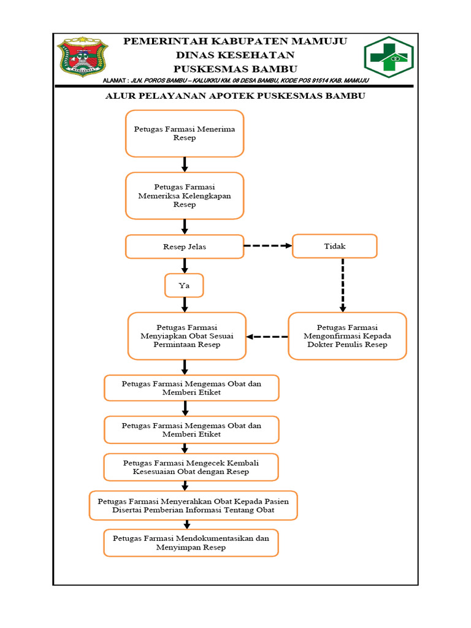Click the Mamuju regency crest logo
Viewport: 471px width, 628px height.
click(x=83, y=56)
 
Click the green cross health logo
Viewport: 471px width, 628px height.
click(x=388, y=57)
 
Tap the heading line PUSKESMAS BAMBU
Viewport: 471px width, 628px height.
click(x=235, y=69)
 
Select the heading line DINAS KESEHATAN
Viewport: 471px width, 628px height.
click(x=235, y=55)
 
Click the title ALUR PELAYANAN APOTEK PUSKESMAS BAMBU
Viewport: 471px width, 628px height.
click(x=235, y=96)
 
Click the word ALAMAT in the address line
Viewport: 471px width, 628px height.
click(x=114, y=80)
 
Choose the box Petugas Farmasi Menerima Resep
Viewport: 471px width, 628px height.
click(x=185, y=133)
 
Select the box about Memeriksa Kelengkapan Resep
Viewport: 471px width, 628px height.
click(x=185, y=196)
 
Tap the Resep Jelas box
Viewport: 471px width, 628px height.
click(x=185, y=247)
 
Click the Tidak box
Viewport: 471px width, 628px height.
click(x=335, y=246)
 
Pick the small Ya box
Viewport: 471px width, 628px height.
click(x=184, y=286)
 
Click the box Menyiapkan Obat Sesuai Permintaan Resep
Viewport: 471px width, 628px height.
click(x=187, y=336)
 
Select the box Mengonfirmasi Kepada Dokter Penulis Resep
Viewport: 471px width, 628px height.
click(x=347, y=336)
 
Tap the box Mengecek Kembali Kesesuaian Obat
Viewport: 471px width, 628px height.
click(x=191, y=467)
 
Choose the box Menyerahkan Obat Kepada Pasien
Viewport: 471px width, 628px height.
click(x=193, y=505)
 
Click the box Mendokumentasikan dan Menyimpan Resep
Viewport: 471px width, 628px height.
click(x=191, y=543)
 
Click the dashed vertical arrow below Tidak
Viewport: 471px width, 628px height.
click(x=343, y=285)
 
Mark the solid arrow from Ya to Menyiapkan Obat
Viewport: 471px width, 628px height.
click(x=185, y=305)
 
